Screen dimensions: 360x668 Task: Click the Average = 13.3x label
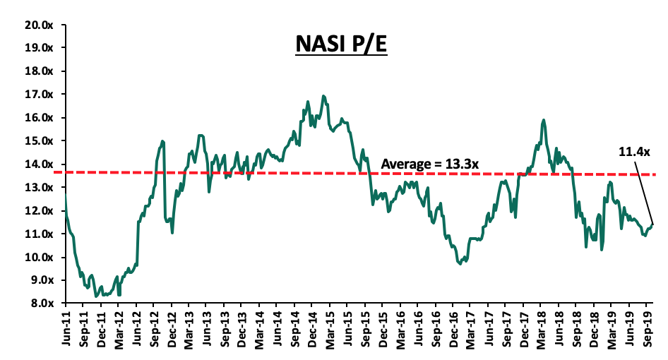(430, 164)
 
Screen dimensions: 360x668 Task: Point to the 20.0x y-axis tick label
(38, 25)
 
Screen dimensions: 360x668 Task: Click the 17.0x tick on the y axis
(38, 95)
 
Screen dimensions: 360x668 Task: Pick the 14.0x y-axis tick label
(38, 164)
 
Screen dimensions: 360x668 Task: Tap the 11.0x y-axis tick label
(38, 234)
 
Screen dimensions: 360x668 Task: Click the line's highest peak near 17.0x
(323, 96)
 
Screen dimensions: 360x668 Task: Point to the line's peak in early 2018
(543, 120)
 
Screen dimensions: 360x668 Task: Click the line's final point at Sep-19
(652, 224)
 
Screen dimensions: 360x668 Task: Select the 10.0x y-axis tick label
(38, 257)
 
